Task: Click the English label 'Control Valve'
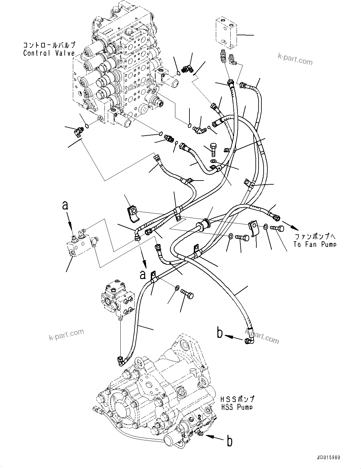(x=49, y=53)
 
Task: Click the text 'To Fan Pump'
(x=315, y=244)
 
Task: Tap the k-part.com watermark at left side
(x=67, y=335)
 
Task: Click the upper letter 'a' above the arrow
(x=65, y=205)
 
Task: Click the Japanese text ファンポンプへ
(x=315, y=236)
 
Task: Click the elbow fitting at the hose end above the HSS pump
(x=121, y=360)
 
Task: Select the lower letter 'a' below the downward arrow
(x=143, y=275)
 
